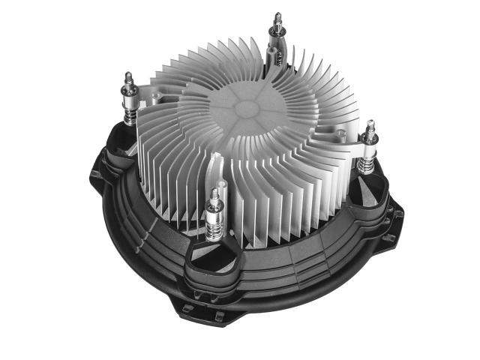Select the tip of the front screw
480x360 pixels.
[217, 193]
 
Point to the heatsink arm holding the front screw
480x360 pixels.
[217, 169]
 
